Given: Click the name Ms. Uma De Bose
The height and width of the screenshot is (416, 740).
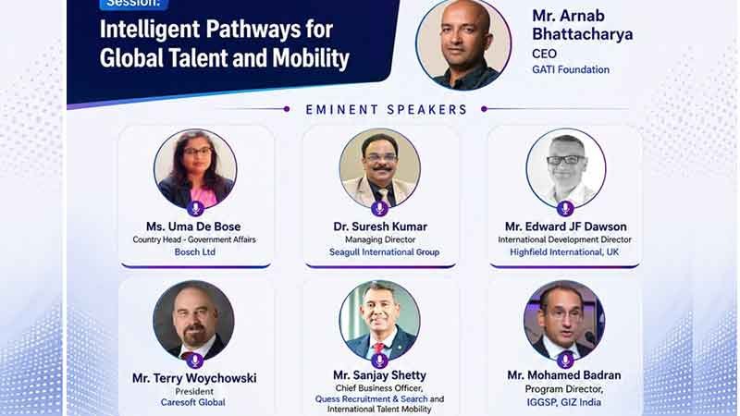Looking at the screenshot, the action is pos(193,226).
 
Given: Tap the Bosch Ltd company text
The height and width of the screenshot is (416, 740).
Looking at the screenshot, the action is pos(194,251).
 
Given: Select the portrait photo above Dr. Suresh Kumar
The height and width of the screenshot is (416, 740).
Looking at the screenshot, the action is pos(380,169).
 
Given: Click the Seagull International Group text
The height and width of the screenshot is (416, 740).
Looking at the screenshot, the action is pos(384,251).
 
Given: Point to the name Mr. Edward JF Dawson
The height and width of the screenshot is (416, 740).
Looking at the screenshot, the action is pos(565,226).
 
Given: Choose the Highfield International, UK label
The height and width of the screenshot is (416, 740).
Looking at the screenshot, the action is pos(564,251).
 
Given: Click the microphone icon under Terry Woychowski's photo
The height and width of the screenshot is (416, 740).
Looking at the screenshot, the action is pos(195,361).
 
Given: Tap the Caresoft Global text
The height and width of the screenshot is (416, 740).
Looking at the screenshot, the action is pos(192,402).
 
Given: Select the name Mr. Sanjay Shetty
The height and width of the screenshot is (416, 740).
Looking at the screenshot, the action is pos(379,375).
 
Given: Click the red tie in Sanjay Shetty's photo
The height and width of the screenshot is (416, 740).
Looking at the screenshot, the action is pos(378,349).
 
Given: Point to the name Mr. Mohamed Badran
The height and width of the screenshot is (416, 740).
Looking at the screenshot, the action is pos(564,375).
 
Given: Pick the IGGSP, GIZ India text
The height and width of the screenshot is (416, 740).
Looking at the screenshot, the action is pos(564,402).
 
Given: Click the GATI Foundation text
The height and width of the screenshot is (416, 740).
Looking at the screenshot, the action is pos(571,69).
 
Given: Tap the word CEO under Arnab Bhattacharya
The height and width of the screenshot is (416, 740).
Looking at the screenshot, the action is pos(544,54).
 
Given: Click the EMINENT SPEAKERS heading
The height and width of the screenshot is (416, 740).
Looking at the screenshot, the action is pos(387,109).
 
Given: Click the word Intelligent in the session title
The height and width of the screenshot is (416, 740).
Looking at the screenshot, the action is pos(150,30).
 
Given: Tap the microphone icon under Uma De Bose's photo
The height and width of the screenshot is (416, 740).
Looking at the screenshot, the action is pos(195,208).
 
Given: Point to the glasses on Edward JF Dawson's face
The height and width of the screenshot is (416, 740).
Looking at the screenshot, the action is pos(565,160).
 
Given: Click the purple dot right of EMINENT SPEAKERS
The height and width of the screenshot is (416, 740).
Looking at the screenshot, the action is pos(484,109).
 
